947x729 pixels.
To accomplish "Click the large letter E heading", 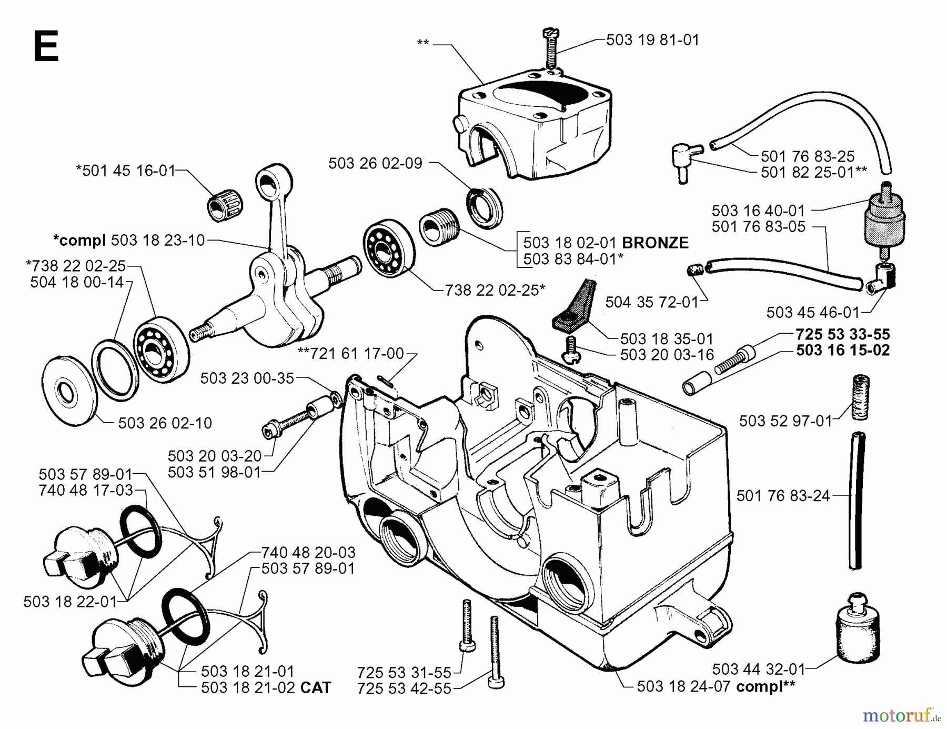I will pos(46,47).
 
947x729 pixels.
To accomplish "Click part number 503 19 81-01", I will pos(652,41).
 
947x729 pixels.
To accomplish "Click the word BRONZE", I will pos(655,243).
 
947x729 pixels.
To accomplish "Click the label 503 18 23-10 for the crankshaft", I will pos(158,241).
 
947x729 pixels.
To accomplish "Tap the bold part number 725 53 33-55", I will pos(842,334).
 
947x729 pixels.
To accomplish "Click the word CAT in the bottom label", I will pos(316,688).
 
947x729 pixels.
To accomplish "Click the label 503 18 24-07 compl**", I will pos(716,686).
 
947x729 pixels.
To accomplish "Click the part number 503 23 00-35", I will pos(247,378).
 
